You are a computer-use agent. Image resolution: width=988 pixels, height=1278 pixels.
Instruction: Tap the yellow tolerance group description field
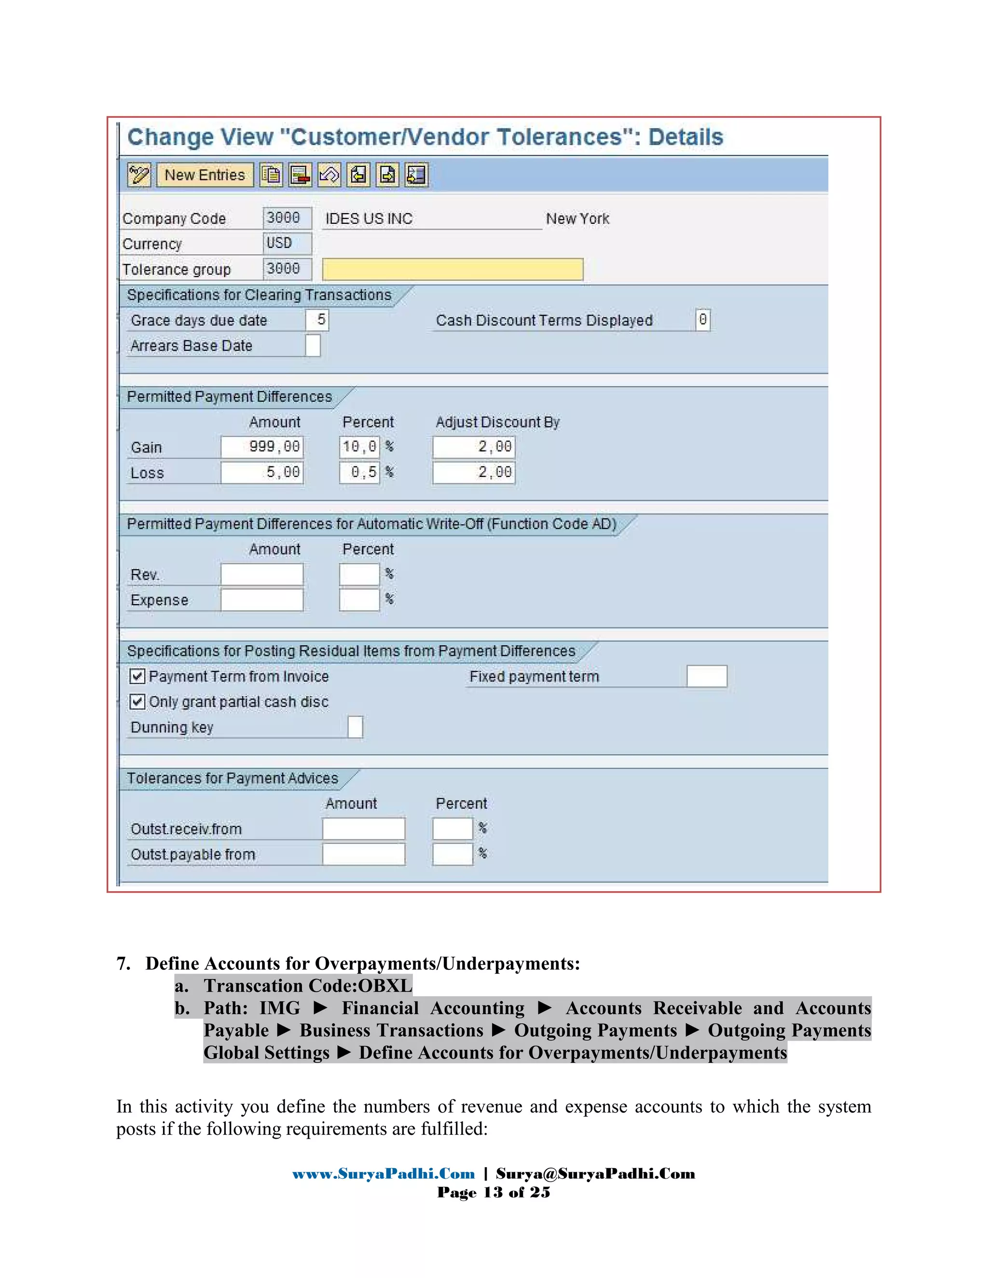click(453, 269)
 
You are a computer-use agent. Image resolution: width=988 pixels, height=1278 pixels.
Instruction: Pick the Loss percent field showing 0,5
click(359, 472)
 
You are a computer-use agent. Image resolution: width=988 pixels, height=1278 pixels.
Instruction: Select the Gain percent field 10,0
click(359, 447)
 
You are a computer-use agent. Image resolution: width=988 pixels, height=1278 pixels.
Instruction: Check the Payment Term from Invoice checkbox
click(137, 677)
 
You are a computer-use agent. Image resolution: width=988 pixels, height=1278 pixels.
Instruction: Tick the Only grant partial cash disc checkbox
click(137, 702)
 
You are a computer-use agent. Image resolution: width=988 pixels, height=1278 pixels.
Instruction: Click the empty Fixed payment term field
click(706, 677)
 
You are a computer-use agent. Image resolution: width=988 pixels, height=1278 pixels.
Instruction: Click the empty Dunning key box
click(355, 727)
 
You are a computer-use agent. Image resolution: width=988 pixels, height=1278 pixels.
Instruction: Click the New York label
click(577, 219)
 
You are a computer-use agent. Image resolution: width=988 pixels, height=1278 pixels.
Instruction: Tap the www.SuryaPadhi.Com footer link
click(384, 1174)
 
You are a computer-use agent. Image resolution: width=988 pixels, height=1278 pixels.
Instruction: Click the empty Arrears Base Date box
click(313, 345)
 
